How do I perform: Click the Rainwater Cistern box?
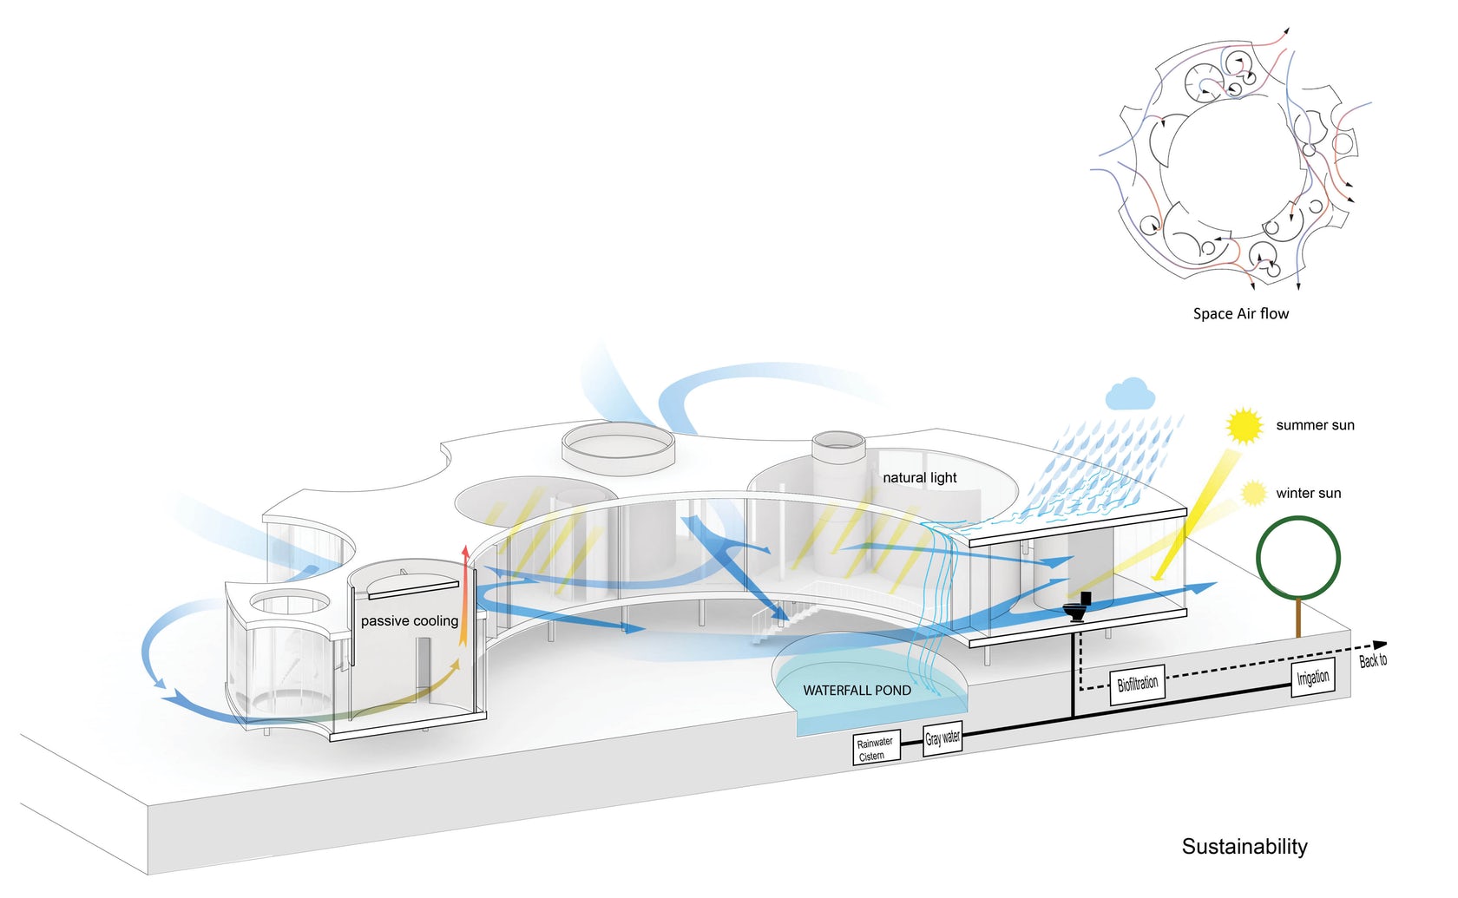tap(876, 748)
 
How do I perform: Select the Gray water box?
tap(942, 738)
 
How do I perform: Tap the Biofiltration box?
tap(1137, 684)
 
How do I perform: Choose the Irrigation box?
tap(1312, 678)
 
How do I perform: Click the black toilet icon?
tap(1079, 607)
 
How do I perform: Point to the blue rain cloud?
tap(1130, 395)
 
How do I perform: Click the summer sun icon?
tap(1244, 426)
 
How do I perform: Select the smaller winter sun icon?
tap(1253, 494)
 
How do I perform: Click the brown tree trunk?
tap(1298, 618)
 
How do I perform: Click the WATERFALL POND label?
tap(857, 691)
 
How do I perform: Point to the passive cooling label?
tap(409, 621)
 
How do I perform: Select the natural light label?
tap(919, 478)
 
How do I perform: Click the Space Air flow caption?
tap(1240, 314)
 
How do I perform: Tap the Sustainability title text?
tap(1244, 847)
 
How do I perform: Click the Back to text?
tap(1372, 661)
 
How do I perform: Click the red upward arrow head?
tap(466, 551)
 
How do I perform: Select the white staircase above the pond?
tap(785, 617)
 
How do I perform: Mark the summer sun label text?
tap(1315, 425)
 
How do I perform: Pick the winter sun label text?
tap(1308, 494)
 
